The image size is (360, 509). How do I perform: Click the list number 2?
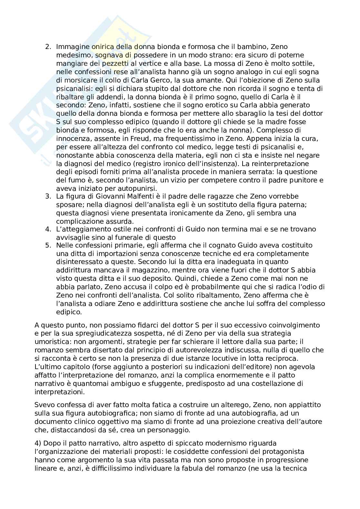(x=48, y=47)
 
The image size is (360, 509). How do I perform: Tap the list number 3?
(x=48, y=196)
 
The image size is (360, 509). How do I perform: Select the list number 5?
(x=48, y=245)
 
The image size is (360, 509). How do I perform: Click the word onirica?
(x=94, y=47)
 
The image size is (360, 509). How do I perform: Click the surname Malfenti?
(x=124, y=196)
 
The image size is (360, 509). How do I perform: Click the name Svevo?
(x=44, y=405)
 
